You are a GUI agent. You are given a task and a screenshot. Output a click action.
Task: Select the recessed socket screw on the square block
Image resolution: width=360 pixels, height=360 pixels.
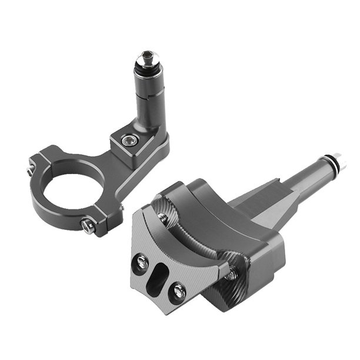point(127,140)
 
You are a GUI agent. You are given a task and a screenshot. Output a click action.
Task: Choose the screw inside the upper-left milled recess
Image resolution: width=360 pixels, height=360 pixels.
point(163,217)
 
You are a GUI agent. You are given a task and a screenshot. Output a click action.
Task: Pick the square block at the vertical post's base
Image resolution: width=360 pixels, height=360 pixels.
point(138,144)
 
